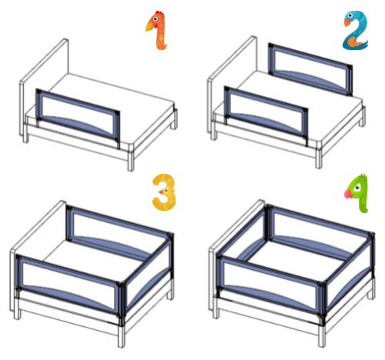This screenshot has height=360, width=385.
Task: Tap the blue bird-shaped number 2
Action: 356,30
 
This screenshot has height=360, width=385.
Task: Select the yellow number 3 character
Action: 164,192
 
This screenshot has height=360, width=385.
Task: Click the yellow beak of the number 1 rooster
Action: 149,26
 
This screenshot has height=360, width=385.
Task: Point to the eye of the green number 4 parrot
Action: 357,188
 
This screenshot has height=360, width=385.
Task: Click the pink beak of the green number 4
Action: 348,194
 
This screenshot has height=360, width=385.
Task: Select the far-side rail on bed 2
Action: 310,68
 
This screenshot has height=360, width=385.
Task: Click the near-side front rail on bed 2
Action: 266,114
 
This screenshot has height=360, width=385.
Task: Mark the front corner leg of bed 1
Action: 131,161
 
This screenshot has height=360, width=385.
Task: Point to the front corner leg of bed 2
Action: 319,158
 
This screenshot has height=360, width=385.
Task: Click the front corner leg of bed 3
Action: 122,336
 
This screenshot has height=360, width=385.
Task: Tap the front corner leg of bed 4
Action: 322,336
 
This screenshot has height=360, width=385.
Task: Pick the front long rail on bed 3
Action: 69,285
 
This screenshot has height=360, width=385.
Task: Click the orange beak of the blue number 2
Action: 347,23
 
